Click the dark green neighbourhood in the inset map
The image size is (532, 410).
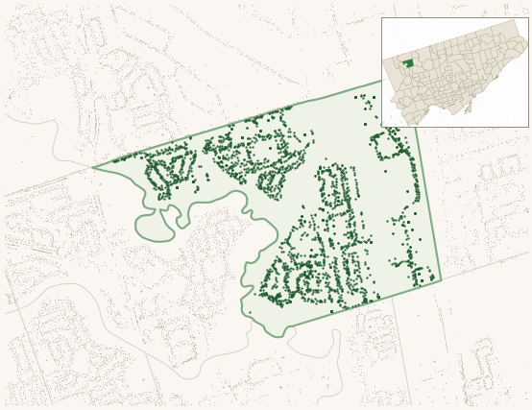tap(407, 63)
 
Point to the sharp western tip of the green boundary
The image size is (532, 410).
tap(93, 168)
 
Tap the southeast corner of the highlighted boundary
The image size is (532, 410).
tap(441, 279)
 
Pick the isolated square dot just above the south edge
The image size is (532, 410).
tap(331, 311)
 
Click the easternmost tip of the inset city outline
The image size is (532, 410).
tap(526, 43)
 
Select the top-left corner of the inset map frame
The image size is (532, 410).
tap(381, 17)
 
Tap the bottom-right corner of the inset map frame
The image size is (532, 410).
tap(528, 127)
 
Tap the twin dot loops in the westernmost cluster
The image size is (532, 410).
tap(169, 173)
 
